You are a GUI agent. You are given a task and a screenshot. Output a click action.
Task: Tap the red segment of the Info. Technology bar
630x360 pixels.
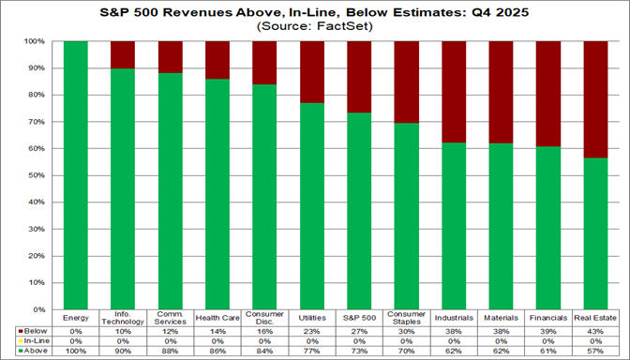[x=123, y=54]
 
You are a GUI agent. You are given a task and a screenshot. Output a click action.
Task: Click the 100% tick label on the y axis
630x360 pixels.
[x=40, y=42]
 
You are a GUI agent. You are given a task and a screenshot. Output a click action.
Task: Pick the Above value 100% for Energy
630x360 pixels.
[x=75, y=349]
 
